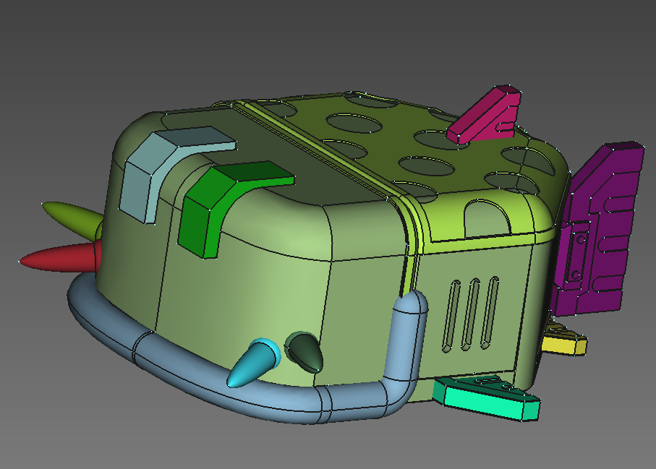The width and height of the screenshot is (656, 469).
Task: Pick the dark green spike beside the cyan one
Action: [304, 350]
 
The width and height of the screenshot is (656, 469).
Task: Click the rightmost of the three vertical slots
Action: [493, 308]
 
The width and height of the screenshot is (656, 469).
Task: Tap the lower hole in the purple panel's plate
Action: [575, 275]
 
